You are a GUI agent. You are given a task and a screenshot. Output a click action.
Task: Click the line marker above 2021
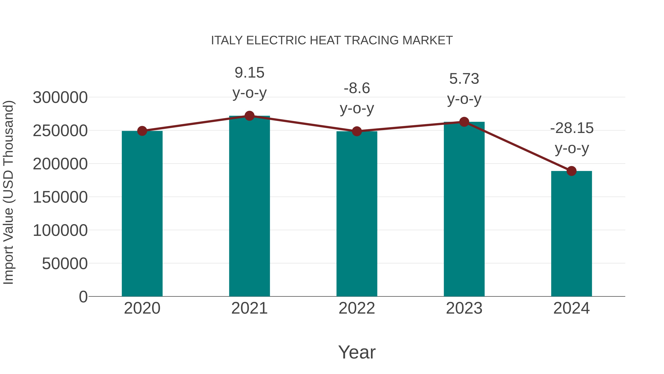pyautogui.click(x=249, y=116)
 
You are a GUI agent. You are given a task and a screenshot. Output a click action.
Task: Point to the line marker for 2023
pyautogui.click(x=464, y=122)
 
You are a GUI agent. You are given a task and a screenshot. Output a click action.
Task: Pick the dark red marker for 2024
pyautogui.click(x=571, y=171)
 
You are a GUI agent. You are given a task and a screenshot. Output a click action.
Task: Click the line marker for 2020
pyautogui.click(x=142, y=131)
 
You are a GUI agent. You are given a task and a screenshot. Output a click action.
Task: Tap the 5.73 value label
pyautogui.click(x=464, y=79)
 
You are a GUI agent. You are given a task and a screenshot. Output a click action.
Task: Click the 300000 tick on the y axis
pyautogui.click(x=60, y=98)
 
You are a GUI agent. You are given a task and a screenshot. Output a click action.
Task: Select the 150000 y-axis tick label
pyautogui.click(x=60, y=197)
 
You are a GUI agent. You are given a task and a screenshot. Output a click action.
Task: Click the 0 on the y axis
pyautogui.click(x=83, y=297)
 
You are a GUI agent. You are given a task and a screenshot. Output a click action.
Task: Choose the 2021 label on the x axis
pyautogui.click(x=249, y=308)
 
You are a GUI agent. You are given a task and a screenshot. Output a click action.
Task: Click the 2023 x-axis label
pyautogui.click(x=464, y=308)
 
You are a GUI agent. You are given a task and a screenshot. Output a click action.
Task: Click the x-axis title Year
pyautogui.click(x=357, y=352)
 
